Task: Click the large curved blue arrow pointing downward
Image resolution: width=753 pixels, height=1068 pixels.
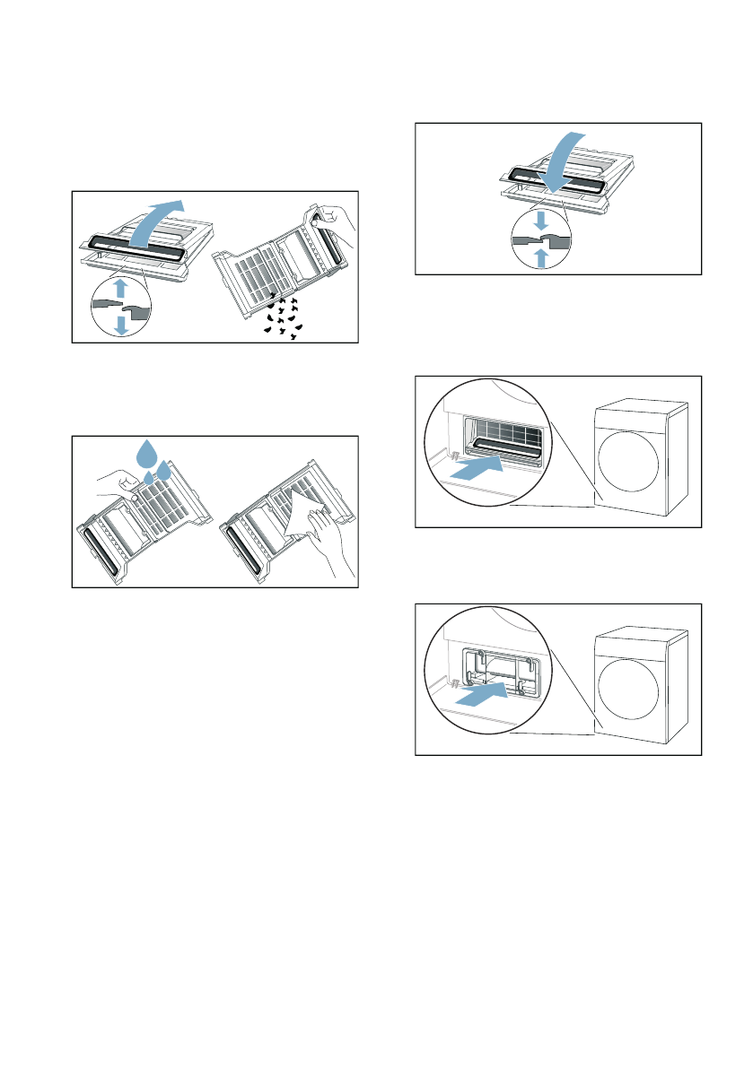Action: [x=560, y=161]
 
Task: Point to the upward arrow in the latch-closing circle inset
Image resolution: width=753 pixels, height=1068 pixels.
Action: [x=541, y=257]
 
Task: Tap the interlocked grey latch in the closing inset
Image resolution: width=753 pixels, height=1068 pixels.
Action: [x=540, y=240]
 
